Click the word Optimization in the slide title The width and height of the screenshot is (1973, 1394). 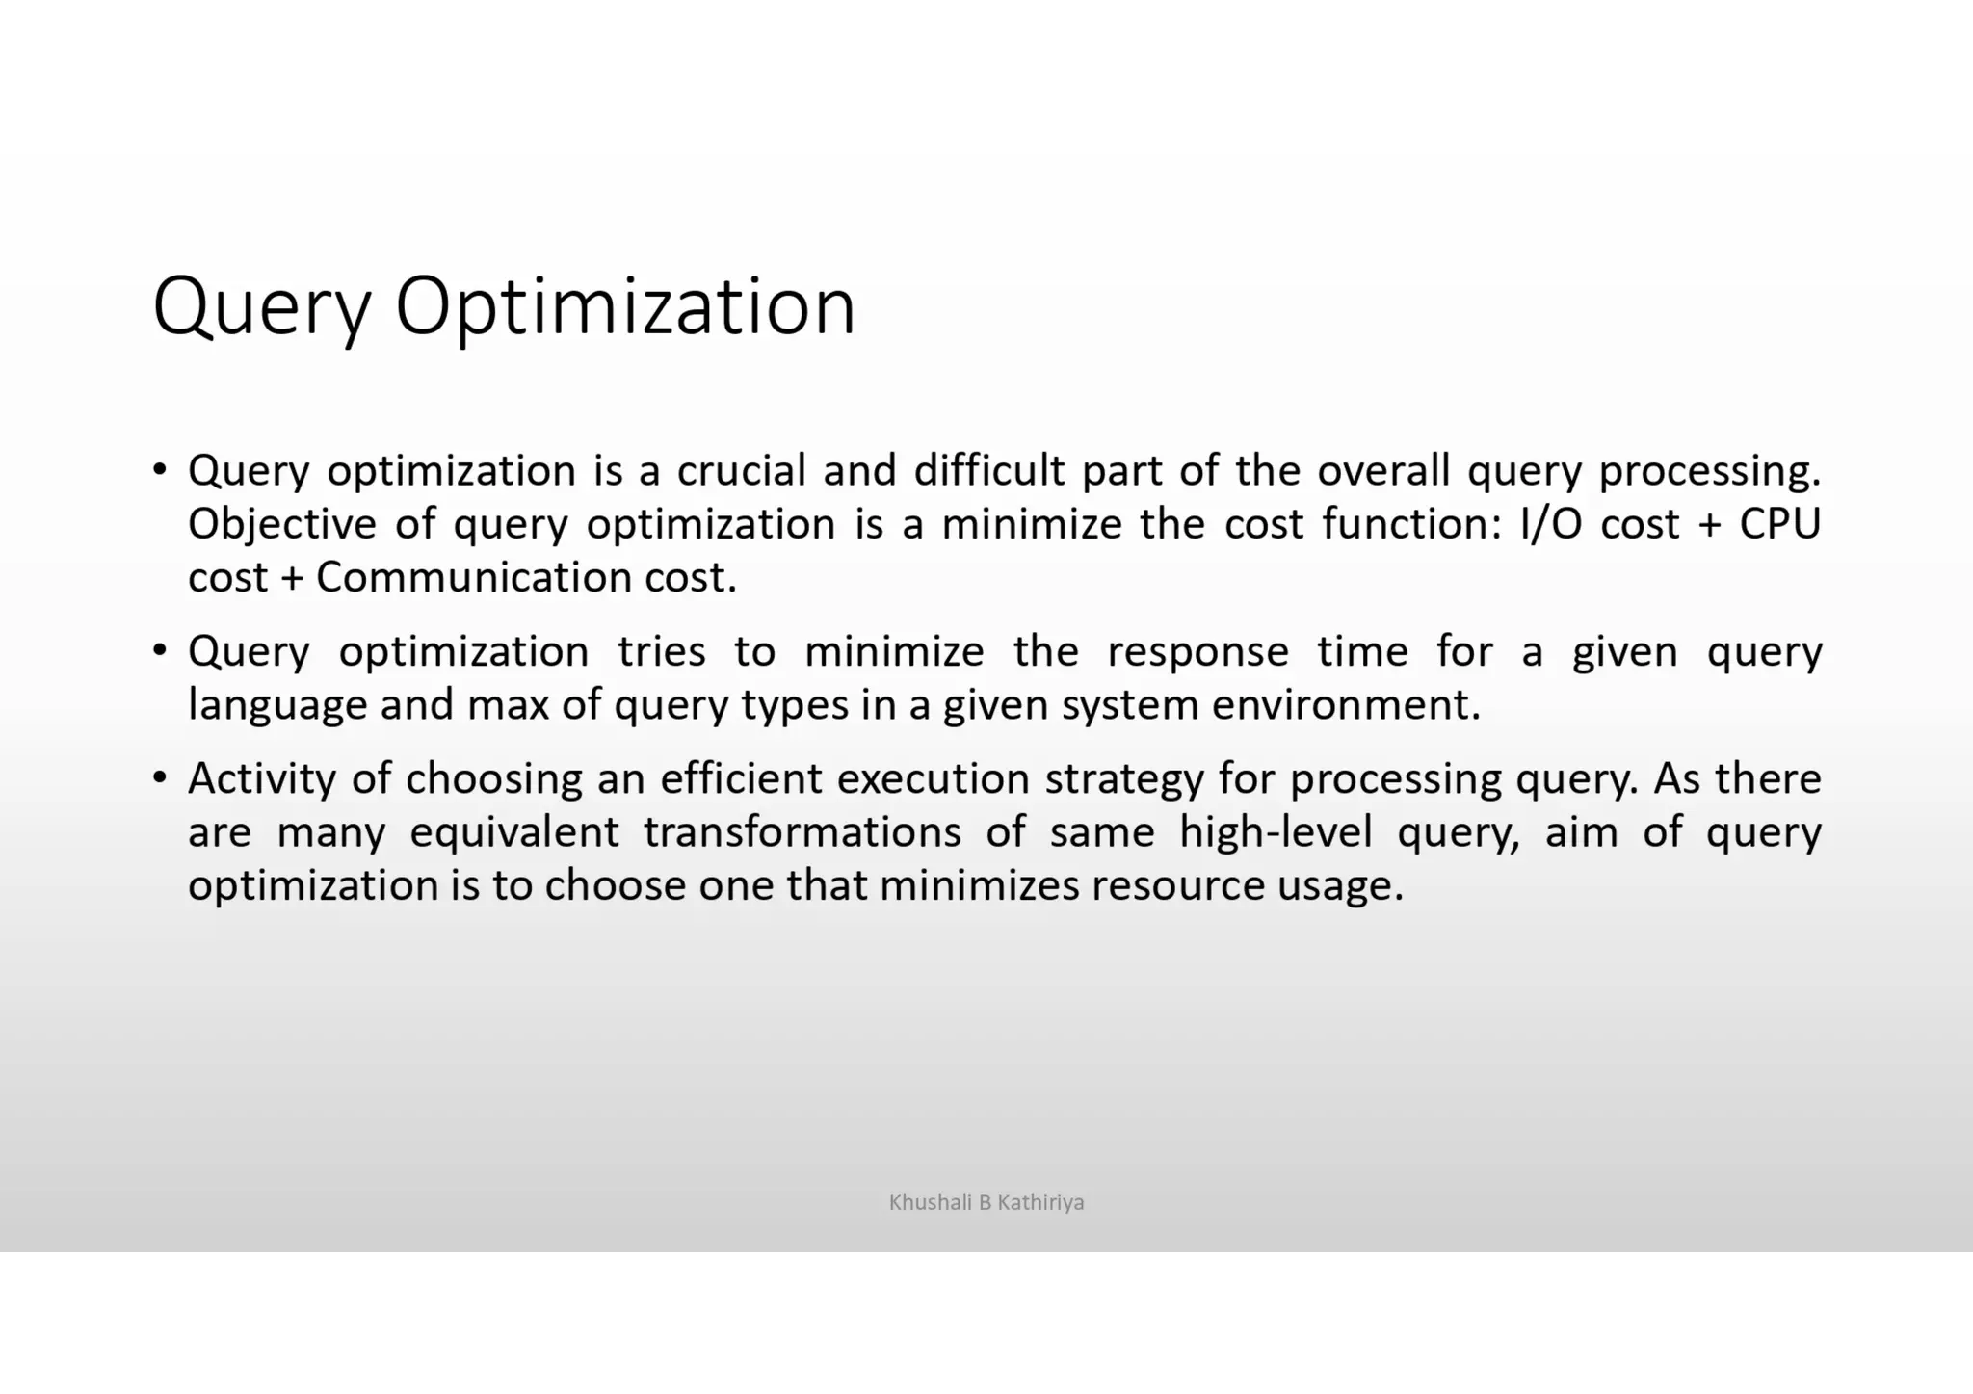[x=625, y=306]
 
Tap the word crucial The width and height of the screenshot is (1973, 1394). [x=741, y=470]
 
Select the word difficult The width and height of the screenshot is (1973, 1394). [x=989, y=470]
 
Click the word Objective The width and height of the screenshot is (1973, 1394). [x=281, y=524]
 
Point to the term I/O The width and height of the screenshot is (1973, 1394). [x=1550, y=524]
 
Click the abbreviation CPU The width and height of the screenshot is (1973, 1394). [x=1779, y=524]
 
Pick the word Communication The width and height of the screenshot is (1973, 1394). [x=473, y=577]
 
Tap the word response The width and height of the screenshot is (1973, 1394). [x=1197, y=651]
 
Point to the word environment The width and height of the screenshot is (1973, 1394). [x=1344, y=705]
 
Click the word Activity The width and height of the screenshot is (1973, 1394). [x=262, y=778]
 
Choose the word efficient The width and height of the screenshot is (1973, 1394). [x=741, y=778]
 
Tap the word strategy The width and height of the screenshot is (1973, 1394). [x=1124, y=778]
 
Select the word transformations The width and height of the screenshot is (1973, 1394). [x=802, y=831]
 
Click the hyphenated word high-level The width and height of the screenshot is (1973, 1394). [x=1276, y=831]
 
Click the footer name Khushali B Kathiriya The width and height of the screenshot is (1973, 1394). [x=986, y=1202]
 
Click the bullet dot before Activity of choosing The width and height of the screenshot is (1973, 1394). [x=160, y=776]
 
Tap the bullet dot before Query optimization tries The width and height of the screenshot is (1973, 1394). [x=160, y=649]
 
